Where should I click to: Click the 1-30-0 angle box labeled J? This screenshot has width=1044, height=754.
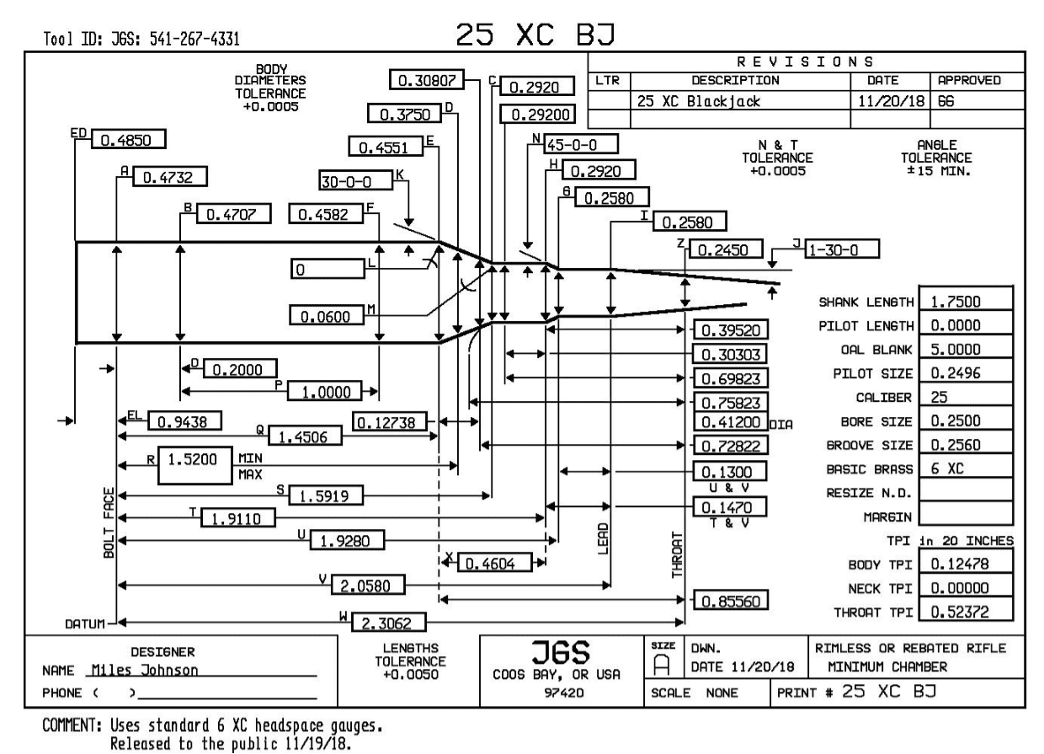[x=842, y=249]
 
